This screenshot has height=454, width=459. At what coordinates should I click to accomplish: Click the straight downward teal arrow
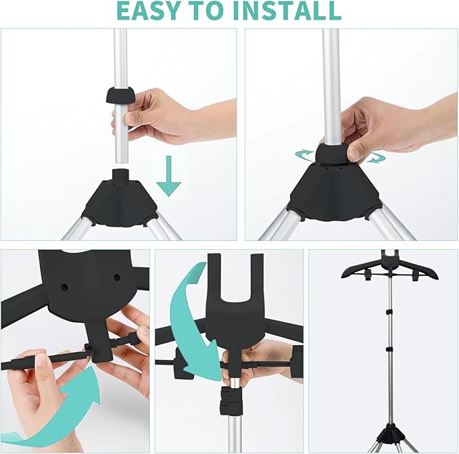pos(168,181)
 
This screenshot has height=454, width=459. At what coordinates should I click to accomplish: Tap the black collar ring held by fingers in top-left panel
pos(119,94)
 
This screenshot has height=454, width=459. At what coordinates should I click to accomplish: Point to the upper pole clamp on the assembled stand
pos(389,311)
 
